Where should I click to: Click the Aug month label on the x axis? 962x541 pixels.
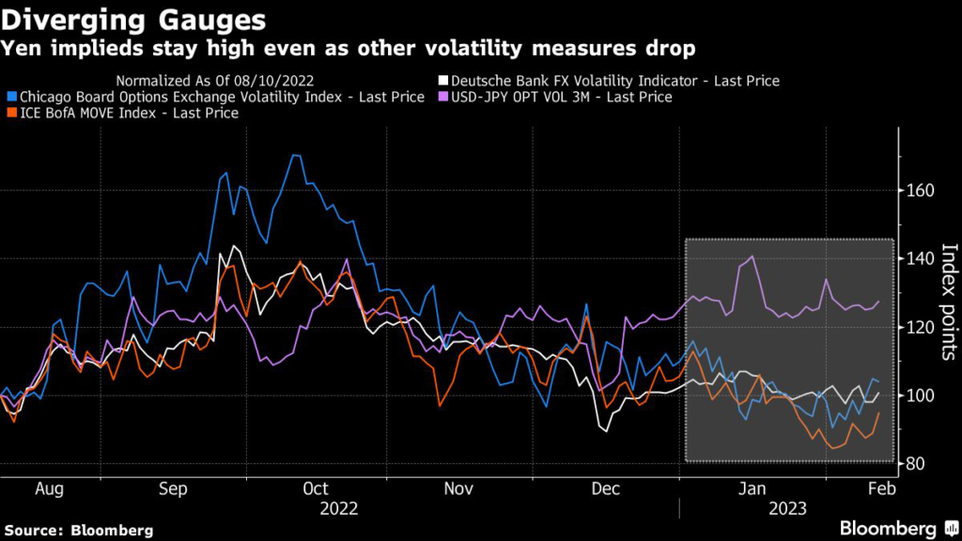[x=49, y=489]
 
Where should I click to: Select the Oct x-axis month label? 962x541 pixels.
[x=316, y=489]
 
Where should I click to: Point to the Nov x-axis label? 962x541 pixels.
[x=458, y=489]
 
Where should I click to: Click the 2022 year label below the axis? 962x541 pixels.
[x=338, y=509]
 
